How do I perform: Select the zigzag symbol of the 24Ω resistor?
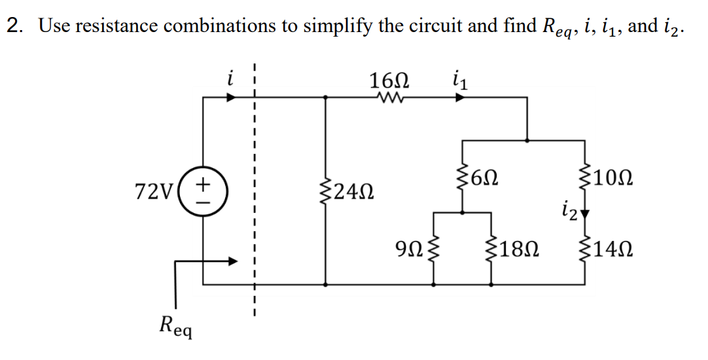327,192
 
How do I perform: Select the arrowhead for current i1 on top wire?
461,98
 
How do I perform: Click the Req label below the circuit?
175,325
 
